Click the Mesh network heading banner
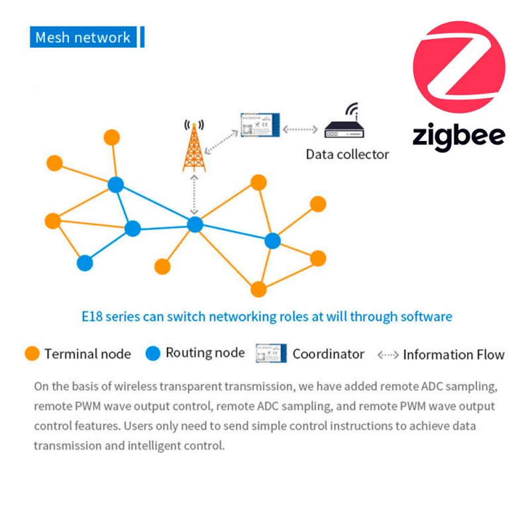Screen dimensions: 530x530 point(84,37)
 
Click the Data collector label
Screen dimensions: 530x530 point(347,154)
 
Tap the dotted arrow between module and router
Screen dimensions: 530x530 point(302,127)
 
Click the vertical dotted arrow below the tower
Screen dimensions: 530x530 point(194,194)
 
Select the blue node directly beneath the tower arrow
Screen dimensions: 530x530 point(194,225)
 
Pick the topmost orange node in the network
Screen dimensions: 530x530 point(112,138)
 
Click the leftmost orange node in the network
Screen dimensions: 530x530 point(52,221)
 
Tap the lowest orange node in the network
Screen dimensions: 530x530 point(258,290)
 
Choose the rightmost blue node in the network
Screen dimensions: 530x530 point(272,241)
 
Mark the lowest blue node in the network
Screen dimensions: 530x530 point(85,263)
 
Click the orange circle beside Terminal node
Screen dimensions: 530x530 point(32,354)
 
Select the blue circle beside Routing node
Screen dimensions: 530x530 point(153,354)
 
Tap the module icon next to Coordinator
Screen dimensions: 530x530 point(270,354)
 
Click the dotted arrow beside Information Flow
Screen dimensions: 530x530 point(388,354)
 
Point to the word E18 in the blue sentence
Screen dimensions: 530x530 point(92,317)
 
